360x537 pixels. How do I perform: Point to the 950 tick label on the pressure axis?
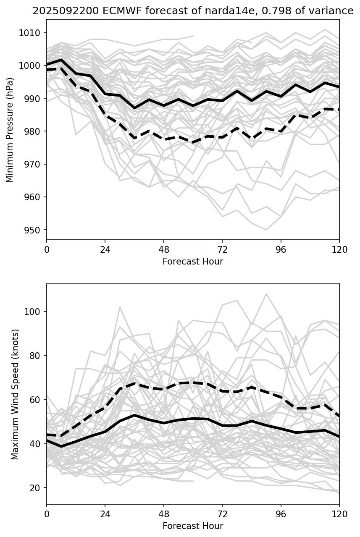pos(32,230)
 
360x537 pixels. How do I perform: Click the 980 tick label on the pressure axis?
pos(32,132)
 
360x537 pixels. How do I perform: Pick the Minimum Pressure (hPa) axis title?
pos(10,130)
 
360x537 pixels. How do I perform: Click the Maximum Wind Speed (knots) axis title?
pos(16,394)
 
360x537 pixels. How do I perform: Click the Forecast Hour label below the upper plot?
pos(193,262)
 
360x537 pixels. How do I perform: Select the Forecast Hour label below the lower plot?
pos(193,526)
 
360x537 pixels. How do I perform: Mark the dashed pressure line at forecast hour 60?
pos(193,142)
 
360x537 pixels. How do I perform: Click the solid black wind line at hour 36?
pos(134,415)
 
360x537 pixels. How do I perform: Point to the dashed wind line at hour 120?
pos(339,416)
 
